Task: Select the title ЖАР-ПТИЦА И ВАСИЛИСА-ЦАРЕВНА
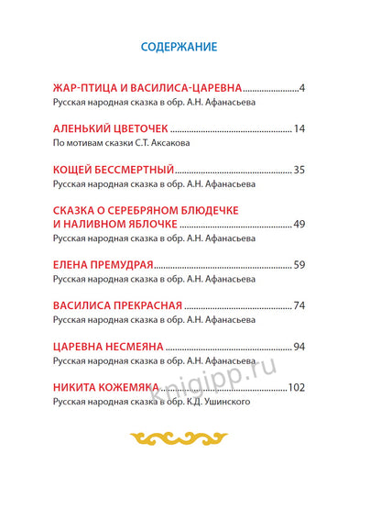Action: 147,88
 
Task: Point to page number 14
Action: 298,129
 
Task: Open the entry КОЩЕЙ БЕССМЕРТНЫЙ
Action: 114,171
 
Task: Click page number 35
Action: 298,171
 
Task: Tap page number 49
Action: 298,225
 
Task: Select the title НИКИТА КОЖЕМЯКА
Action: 108,387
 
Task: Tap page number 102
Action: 295,387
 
